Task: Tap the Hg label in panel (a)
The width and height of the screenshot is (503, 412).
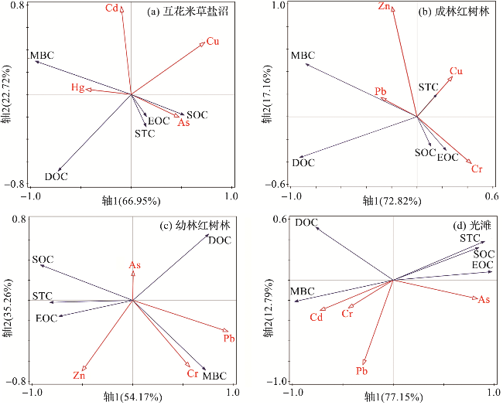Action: click(x=77, y=87)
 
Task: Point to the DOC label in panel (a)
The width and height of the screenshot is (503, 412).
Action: click(x=56, y=176)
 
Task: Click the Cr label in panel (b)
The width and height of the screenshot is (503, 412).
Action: click(x=477, y=168)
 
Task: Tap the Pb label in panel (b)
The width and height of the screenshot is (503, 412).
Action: click(x=381, y=91)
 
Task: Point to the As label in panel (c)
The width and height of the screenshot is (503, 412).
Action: click(x=135, y=266)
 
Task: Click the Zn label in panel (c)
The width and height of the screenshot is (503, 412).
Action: click(x=79, y=376)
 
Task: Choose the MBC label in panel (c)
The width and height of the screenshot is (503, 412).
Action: click(x=214, y=376)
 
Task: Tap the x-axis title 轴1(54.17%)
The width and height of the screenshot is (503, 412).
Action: click(x=132, y=397)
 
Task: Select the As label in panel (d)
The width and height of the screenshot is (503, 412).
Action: click(x=484, y=299)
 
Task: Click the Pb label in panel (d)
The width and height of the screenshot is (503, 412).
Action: click(x=361, y=372)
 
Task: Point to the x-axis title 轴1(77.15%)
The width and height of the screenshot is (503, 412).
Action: click(x=394, y=397)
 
